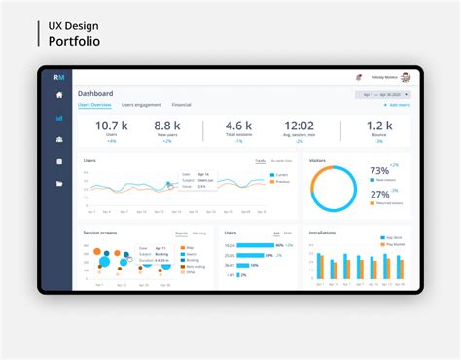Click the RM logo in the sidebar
click(59, 76)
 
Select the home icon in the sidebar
click(59, 95)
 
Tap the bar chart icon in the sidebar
click(59, 118)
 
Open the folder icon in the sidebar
click(59, 182)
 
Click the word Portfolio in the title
click(74, 41)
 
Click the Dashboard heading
click(95, 93)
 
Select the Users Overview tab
click(94, 104)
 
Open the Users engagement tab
click(141, 104)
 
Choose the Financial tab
click(181, 104)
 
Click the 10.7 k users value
click(111, 126)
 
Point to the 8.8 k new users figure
click(167, 126)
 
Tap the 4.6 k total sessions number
click(239, 126)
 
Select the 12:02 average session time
click(298, 126)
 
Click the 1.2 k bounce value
click(378, 126)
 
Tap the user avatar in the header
click(406, 76)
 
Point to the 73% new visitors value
click(379, 171)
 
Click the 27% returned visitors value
click(379, 194)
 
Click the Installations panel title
click(322, 233)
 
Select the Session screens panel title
click(99, 233)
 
